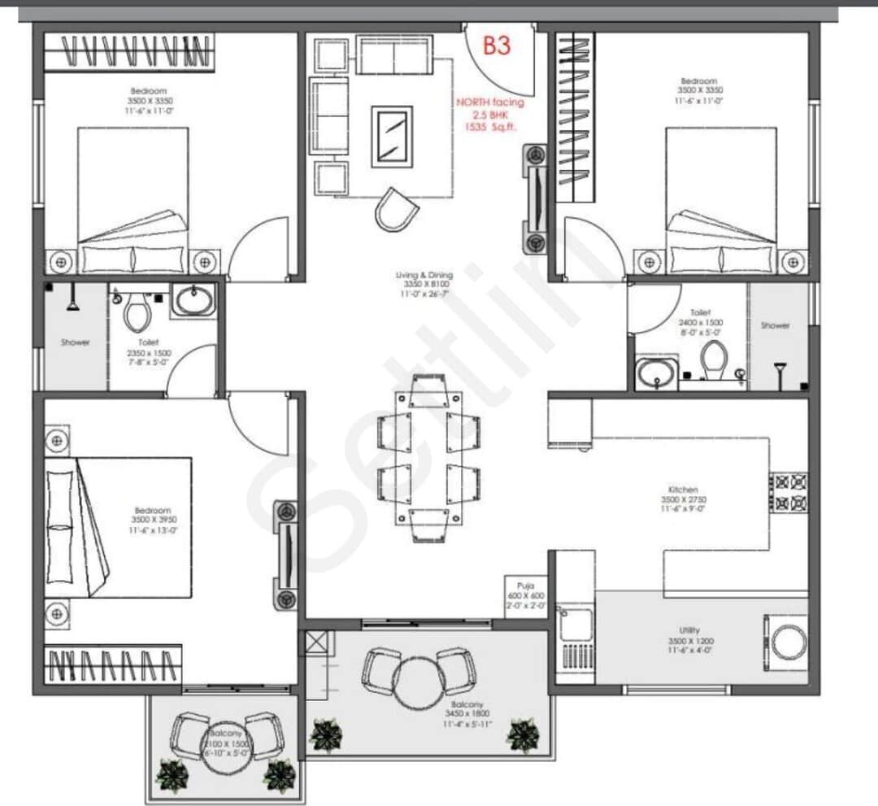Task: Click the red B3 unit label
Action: click(497, 46)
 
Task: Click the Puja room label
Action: click(524, 586)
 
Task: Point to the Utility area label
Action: click(685, 630)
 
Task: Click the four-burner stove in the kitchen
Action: click(789, 492)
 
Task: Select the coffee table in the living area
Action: click(392, 136)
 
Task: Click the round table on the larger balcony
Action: click(419, 680)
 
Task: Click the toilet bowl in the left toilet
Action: click(136, 310)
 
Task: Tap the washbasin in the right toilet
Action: click(656, 373)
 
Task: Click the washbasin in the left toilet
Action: click(193, 300)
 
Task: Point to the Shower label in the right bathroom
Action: click(775, 325)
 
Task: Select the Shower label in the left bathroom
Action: click(76, 342)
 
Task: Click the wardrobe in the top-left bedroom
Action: click(128, 51)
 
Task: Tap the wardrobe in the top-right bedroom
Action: click(575, 116)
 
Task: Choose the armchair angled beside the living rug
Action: click(396, 209)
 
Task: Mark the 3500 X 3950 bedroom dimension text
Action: click(154, 519)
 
